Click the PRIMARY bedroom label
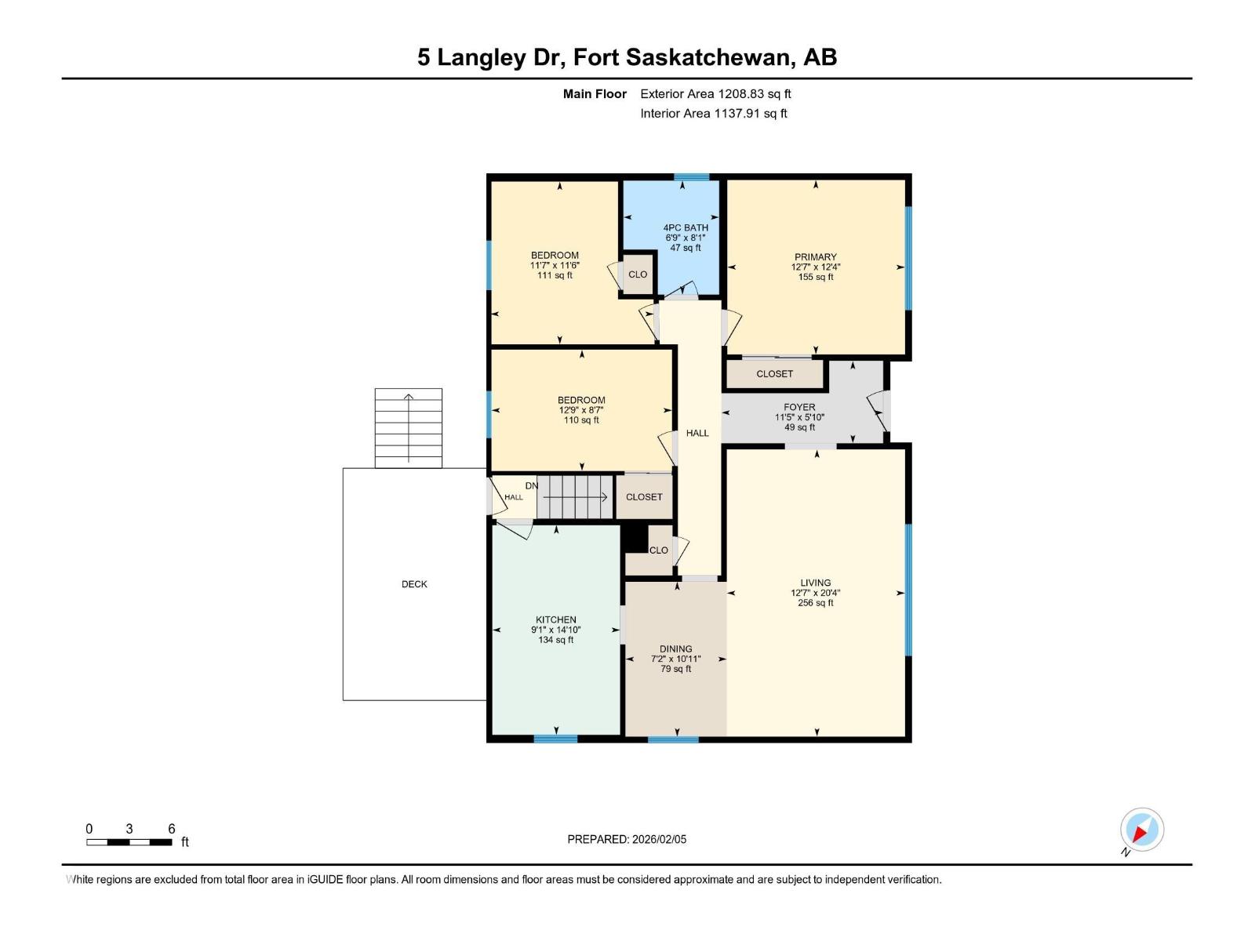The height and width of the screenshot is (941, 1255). (815, 257)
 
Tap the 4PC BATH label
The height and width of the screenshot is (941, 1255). (686, 228)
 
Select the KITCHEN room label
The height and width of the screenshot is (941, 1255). (556, 619)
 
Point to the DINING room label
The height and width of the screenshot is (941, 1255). (675, 649)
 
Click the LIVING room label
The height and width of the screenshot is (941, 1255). (815, 583)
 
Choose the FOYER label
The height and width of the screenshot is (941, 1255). (799, 407)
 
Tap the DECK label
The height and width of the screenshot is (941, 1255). (414, 584)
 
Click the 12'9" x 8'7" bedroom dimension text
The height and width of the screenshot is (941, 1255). (581, 410)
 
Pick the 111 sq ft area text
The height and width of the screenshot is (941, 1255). (555, 275)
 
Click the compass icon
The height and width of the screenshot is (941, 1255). (1141, 830)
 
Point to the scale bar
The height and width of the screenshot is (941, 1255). (129, 842)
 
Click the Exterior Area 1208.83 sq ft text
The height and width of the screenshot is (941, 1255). (715, 94)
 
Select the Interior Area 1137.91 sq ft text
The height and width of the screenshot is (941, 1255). (713, 114)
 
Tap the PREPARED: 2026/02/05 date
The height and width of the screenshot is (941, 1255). (627, 839)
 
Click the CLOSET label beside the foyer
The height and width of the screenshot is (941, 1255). (774, 374)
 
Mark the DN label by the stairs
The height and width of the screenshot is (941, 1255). (532, 486)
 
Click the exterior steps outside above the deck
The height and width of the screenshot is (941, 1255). (408, 428)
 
